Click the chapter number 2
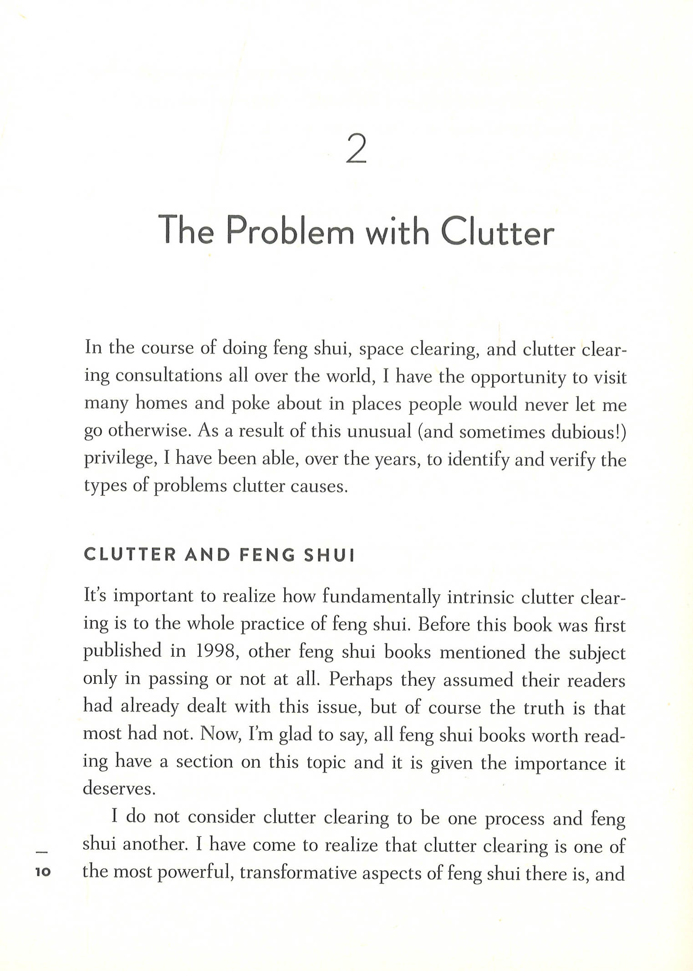(x=356, y=149)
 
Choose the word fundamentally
(x=381, y=597)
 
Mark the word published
(x=122, y=651)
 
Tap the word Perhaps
(x=361, y=679)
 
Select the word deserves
(x=119, y=788)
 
